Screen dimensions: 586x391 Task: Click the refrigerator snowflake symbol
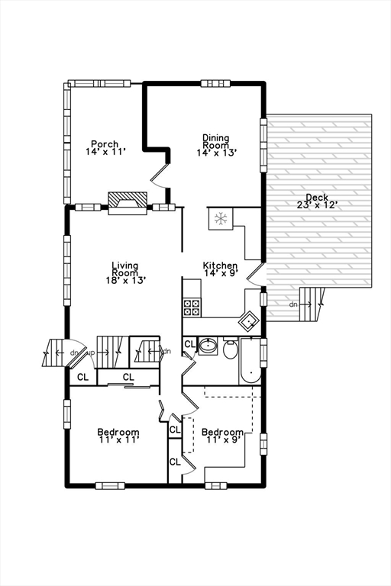pyautogui.click(x=220, y=219)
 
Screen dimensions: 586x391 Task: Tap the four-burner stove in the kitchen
pyautogui.click(x=192, y=307)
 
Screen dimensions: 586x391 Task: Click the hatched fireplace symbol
pyautogui.click(x=126, y=200)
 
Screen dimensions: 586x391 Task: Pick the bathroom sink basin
pyautogui.click(x=207, y=347)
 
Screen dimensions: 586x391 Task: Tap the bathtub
pyautogui.click(x=250, y=362)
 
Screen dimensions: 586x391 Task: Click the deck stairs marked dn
pyautogui.click(x=309, y=304)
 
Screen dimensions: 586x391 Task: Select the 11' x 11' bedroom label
pyautogui.click(x=118, y=437)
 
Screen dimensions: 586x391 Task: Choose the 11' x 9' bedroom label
pyautogui.click(x=222, y=436)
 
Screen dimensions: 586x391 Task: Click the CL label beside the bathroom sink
pyautogui.click(x=189, y=343)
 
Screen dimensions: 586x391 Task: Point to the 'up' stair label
pyautogui.click(x=92, y=353)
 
